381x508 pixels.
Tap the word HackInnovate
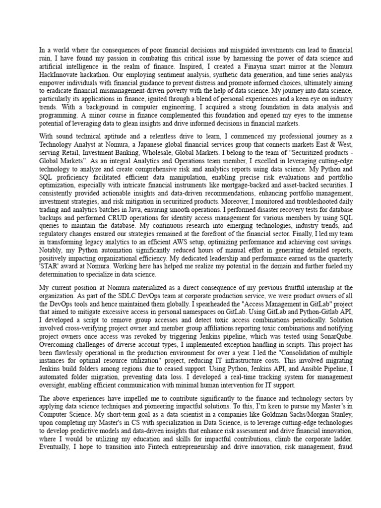pos(59,73)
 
